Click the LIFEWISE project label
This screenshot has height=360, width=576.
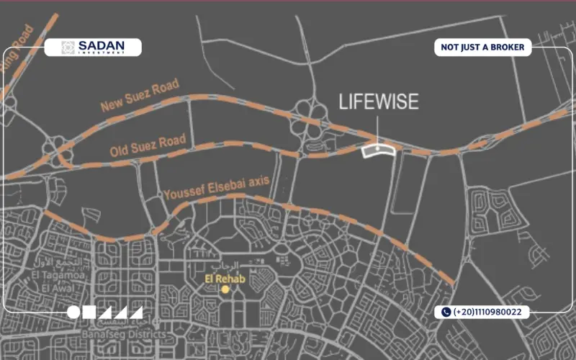378,102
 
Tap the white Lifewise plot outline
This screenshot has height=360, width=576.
378,150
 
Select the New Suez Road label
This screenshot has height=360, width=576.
140,96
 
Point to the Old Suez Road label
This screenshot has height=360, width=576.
148,146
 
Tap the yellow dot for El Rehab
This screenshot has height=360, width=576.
225,289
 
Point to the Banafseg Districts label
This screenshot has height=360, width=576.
120,335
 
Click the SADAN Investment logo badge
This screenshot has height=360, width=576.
93,48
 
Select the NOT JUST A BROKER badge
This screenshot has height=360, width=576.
483,48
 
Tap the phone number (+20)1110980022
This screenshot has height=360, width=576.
492,312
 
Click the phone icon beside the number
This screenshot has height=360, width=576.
446,312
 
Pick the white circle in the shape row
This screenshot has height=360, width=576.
74,312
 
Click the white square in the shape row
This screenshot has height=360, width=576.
90,312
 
